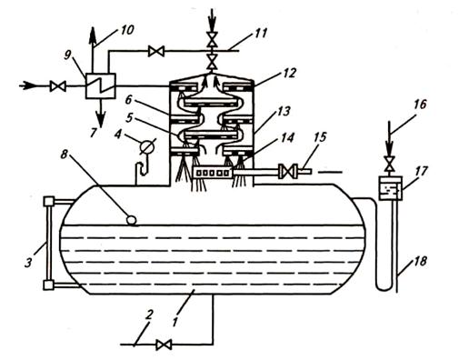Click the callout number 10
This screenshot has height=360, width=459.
[126, 29]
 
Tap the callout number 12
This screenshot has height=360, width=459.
[288, 73]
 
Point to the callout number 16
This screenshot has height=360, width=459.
[420, 105]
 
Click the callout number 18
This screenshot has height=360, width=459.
[419, 261]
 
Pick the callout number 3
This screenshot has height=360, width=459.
[28, 262]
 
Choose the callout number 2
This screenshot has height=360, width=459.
[148, 315]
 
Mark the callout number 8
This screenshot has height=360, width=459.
[64, 155]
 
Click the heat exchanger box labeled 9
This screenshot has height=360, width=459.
[100, 86]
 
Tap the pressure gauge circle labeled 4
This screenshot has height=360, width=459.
[146, 147]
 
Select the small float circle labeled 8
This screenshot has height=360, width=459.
[132, 219]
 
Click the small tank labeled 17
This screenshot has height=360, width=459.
[391, 188]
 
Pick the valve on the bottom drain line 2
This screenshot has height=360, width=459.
[164, 345]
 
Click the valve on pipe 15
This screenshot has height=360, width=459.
[287, 172]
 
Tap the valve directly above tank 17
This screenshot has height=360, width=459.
[390, 164]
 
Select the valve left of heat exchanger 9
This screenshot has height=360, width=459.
[58, 86]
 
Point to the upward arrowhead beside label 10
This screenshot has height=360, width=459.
[93, 35]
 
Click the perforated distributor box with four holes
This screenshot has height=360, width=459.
[214, 173]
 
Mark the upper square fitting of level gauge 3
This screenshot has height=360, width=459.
[49, 201]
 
